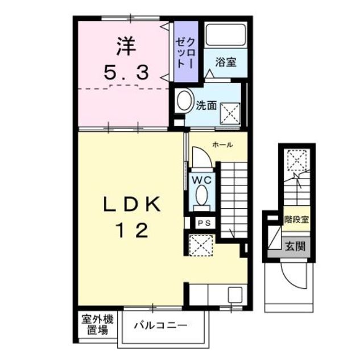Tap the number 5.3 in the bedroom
pyautogui.click(x=126, y=72)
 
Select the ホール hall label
pyautogui.click(x=222, y=145)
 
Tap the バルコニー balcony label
pyautogui.click(x=160, y=326)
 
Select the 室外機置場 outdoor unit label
pyautogui.click(x=95, y=325)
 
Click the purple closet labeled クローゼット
pyautogui.click(x=185, y=52)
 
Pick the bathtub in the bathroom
pyautogui.click(x=225, y=35)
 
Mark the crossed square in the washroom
pyautogui.click(x=230, y=111)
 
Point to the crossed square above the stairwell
pyautogui.click(x=298, y=159)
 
